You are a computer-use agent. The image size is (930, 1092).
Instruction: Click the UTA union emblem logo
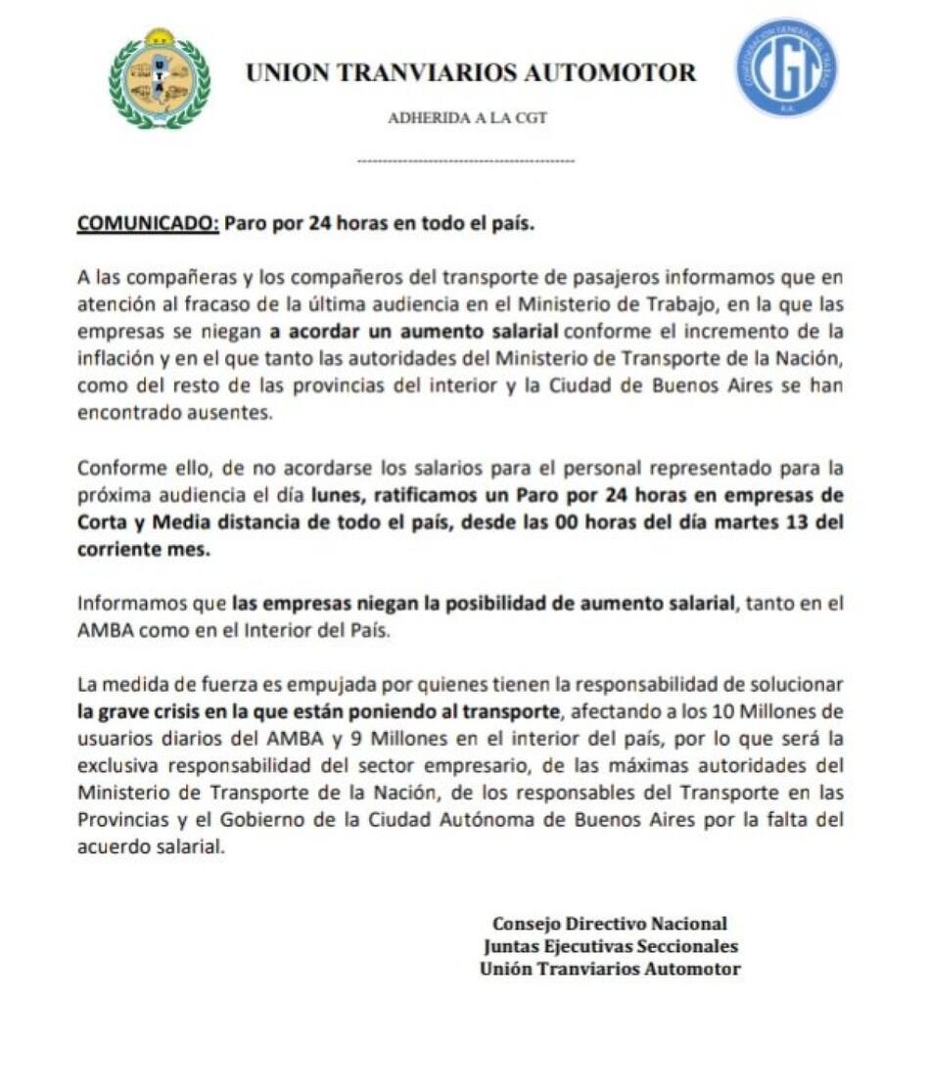click(x=159, y=79)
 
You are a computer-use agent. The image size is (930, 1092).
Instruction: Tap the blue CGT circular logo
click(x=786, y=68)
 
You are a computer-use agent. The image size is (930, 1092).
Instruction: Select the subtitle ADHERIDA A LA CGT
click(x=467, y=118)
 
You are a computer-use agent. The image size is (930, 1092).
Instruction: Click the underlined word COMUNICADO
click(x=147, y=222)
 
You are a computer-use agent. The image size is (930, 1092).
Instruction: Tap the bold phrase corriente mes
click(x=142, y=550)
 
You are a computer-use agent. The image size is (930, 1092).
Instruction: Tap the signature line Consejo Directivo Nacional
click(x=609, y=924)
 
